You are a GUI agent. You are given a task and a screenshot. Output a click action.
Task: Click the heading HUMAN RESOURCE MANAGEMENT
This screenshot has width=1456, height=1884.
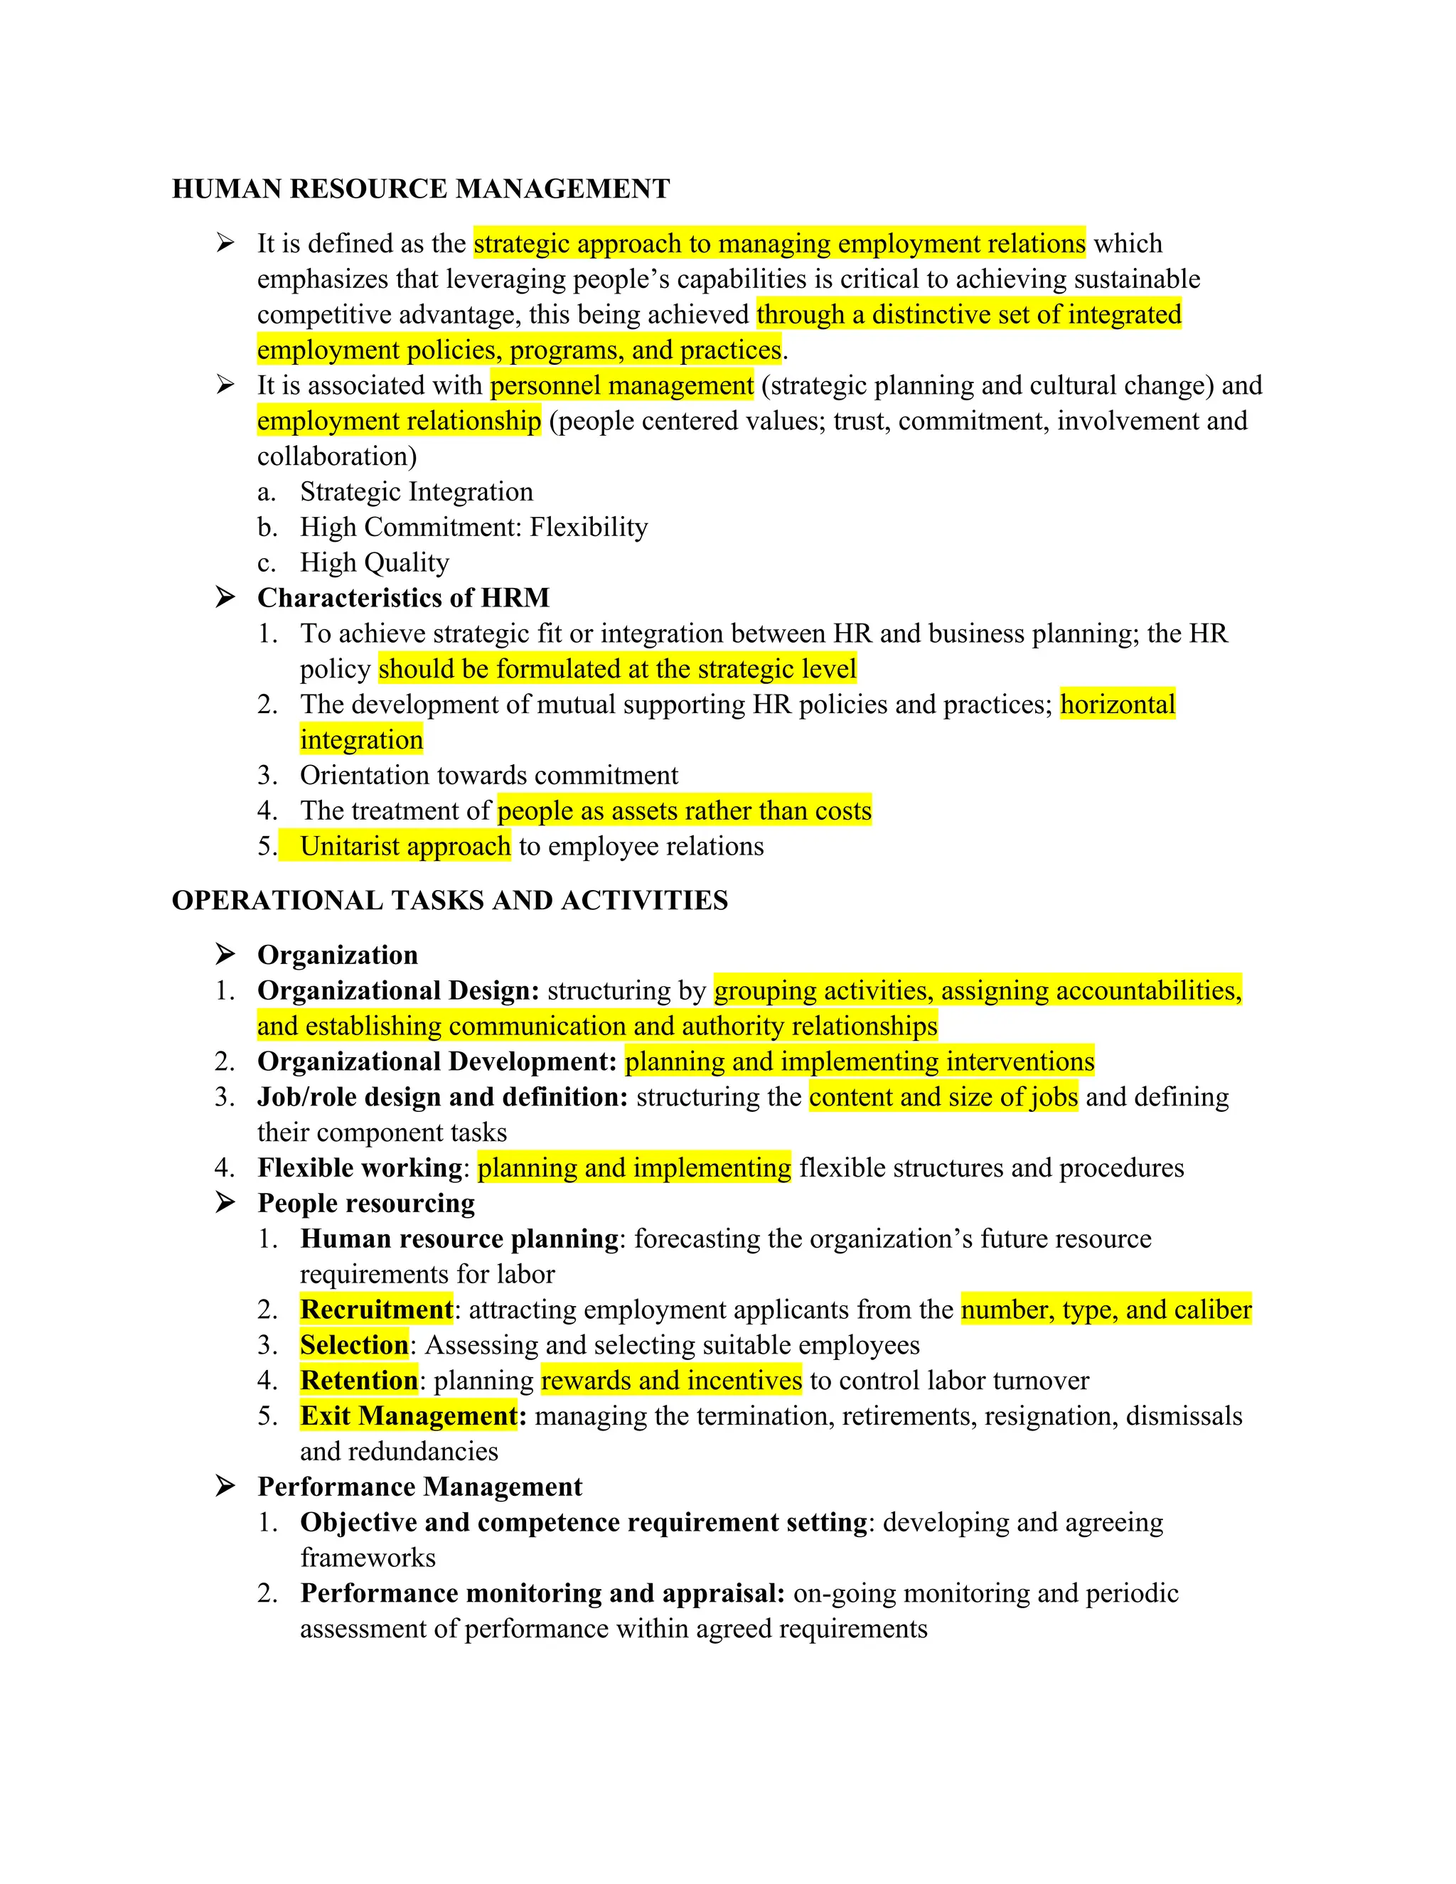421,189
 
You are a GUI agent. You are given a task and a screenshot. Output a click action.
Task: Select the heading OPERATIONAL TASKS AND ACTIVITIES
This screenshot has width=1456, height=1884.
449,901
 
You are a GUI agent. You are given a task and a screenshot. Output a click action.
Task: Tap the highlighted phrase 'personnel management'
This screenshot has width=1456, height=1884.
622,385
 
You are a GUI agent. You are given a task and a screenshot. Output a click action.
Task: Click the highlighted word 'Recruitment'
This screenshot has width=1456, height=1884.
376,1310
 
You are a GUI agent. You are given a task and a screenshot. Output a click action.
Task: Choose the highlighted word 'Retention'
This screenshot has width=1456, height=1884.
359,1380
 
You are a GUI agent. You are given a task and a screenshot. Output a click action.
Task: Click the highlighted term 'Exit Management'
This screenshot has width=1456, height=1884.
408,1415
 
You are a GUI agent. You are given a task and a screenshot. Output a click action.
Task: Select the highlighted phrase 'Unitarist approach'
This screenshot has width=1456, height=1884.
405,846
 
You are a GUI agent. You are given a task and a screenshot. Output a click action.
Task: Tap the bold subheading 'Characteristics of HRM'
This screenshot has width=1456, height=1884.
403,598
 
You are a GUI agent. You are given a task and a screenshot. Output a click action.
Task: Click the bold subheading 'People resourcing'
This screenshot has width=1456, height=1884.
365,1204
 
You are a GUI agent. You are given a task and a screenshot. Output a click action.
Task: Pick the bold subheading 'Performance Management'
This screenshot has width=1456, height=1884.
419,1487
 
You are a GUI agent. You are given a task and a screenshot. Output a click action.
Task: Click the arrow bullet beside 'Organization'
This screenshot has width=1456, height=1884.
225,954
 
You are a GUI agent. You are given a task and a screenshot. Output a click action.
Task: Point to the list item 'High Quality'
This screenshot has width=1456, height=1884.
375,562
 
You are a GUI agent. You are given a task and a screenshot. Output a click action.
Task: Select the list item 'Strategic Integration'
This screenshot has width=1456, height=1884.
417,492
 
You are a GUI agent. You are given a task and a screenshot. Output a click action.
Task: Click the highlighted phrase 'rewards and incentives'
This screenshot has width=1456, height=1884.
671,1380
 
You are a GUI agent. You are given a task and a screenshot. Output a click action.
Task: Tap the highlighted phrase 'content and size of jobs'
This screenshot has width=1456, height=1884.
943,1097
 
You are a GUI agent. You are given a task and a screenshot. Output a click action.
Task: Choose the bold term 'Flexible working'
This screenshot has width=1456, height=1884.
360,1168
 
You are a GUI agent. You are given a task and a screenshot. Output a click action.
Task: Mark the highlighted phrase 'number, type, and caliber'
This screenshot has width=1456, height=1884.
1106,1310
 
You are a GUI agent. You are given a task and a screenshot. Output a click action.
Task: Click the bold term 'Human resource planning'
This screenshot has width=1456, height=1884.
459,1238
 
